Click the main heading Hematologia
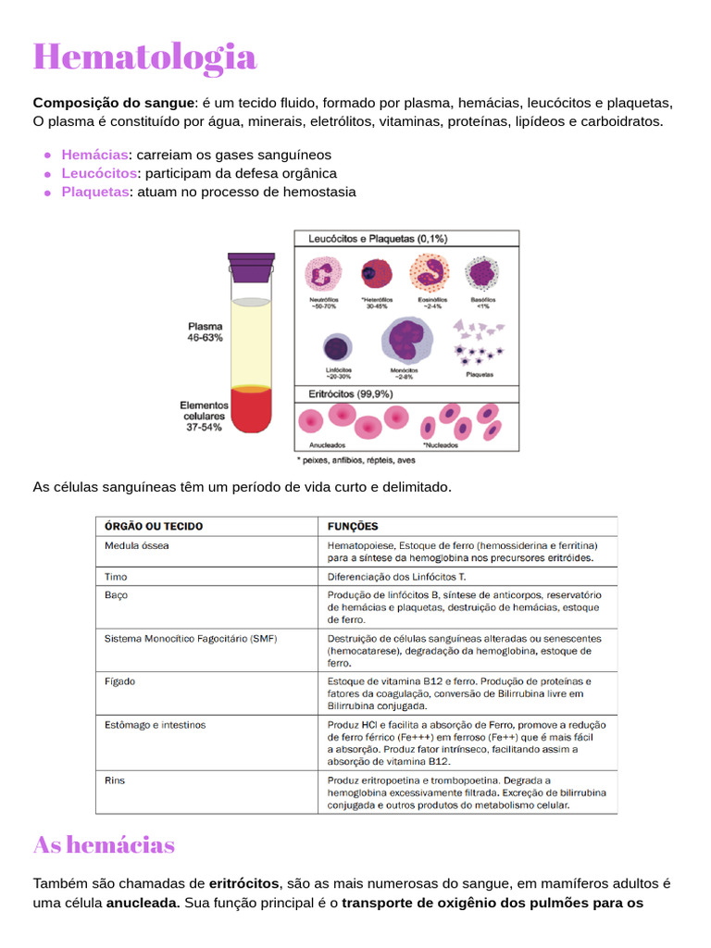[x=144, y=56]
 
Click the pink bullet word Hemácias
[x=94, y=155]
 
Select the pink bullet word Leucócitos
[x=99, y=173]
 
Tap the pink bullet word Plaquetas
[x=95, y=192]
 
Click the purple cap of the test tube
[x=251, y=267]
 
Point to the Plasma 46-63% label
[x=205, y=332]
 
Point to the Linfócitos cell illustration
[x=337, y=348]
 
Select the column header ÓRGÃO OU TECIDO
[x=154, y=526]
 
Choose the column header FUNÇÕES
[x=353, y=526]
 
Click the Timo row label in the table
[x=116, y=575]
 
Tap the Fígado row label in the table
[x=119, y=681]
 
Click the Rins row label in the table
[x=115, y=780]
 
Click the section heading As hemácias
[x=104, y=844]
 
